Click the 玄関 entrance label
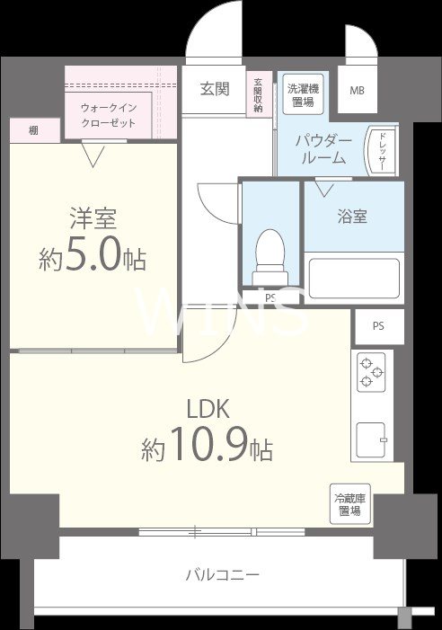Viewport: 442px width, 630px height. [214, 89]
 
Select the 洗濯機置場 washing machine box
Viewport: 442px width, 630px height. [301, 94]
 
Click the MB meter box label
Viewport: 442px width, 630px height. [357, 91]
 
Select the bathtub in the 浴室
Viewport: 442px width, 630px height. [353, 280]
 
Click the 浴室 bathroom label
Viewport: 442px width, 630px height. [351, 217]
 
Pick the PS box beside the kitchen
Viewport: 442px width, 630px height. [377, 325]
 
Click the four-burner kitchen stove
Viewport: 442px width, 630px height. [372, 372]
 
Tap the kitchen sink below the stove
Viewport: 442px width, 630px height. [371, 440]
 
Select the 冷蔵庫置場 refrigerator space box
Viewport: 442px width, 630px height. [348, 505]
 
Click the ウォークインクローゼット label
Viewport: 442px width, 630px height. [109, 115]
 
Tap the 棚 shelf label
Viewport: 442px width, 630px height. [33, 131]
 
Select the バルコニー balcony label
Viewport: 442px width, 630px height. [223, 573]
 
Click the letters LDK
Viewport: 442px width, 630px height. [208, 409]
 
